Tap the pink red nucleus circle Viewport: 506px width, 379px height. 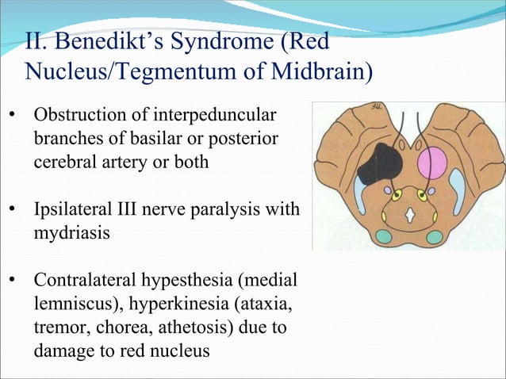[432, 163]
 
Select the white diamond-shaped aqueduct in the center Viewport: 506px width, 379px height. [409, 213]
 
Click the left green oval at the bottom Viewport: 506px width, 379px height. [383, 236]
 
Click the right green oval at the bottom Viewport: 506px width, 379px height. [434, 236]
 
